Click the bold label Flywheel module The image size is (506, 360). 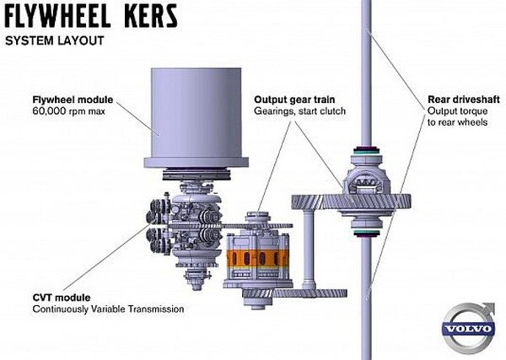pos(73,99)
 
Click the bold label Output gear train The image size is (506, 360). pos(295,99)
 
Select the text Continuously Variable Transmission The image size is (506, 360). pos(108,309)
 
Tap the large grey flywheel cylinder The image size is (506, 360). pos(197,110)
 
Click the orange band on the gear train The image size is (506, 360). pos(256,257)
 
